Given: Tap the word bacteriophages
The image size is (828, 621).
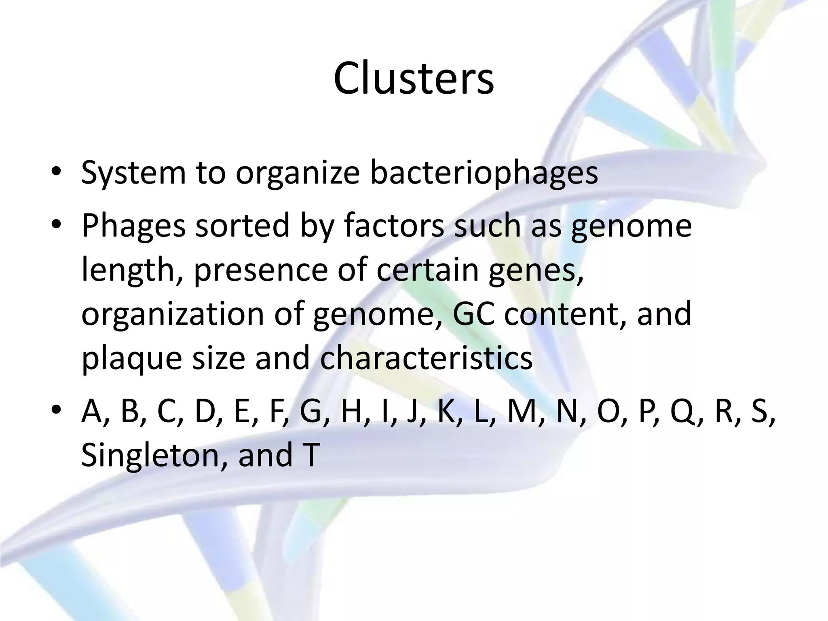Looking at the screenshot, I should click(484, 173).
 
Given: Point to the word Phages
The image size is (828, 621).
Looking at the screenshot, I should click(133, 226).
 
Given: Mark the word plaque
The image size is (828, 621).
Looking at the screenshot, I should click(132, 358).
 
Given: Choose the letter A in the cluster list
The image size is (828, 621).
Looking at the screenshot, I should click(92, 412).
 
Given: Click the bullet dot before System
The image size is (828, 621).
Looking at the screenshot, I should click(56, 173).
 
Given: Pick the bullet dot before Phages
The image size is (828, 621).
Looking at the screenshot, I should click(56, 225).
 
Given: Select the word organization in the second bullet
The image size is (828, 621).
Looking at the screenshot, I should click(173, 315).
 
